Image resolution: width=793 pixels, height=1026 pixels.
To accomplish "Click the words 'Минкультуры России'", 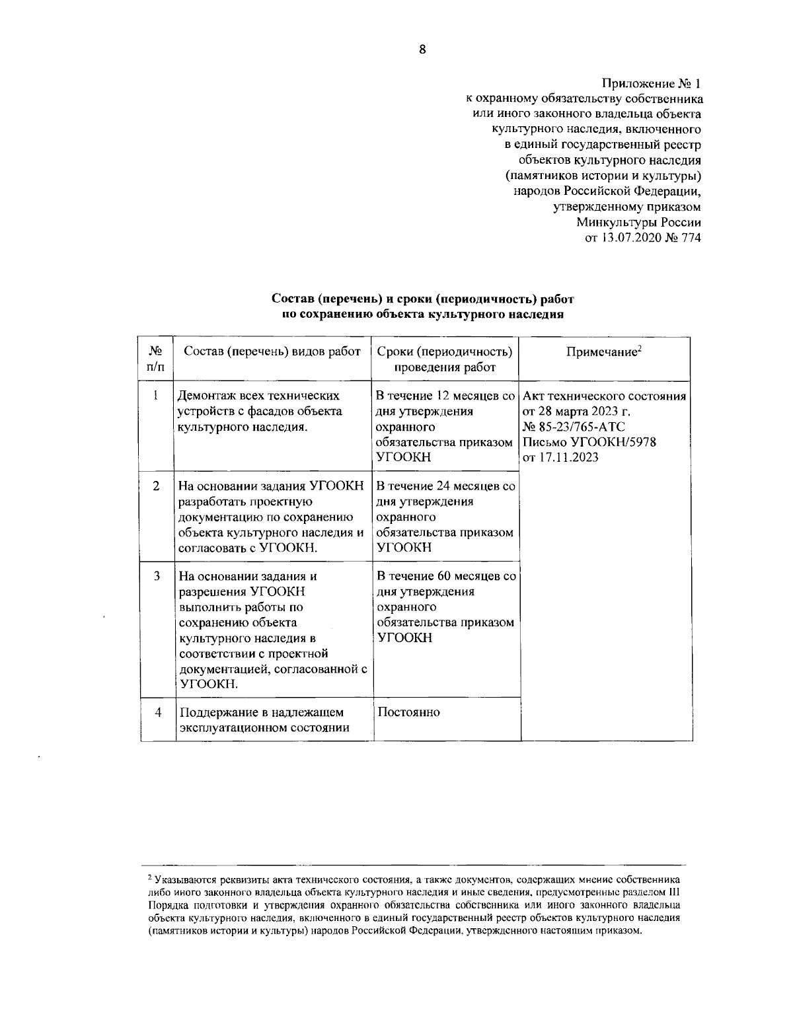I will pos(638,223).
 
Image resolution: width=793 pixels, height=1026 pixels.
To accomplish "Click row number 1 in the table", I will pos(156,396).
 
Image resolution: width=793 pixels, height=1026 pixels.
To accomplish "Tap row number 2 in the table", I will pos(156,486).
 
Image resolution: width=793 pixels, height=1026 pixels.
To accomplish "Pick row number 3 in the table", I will pos(157,576).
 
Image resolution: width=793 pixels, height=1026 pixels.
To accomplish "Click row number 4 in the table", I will pos(157,712).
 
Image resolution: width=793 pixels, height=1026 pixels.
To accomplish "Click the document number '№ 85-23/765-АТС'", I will pos(574,427).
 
